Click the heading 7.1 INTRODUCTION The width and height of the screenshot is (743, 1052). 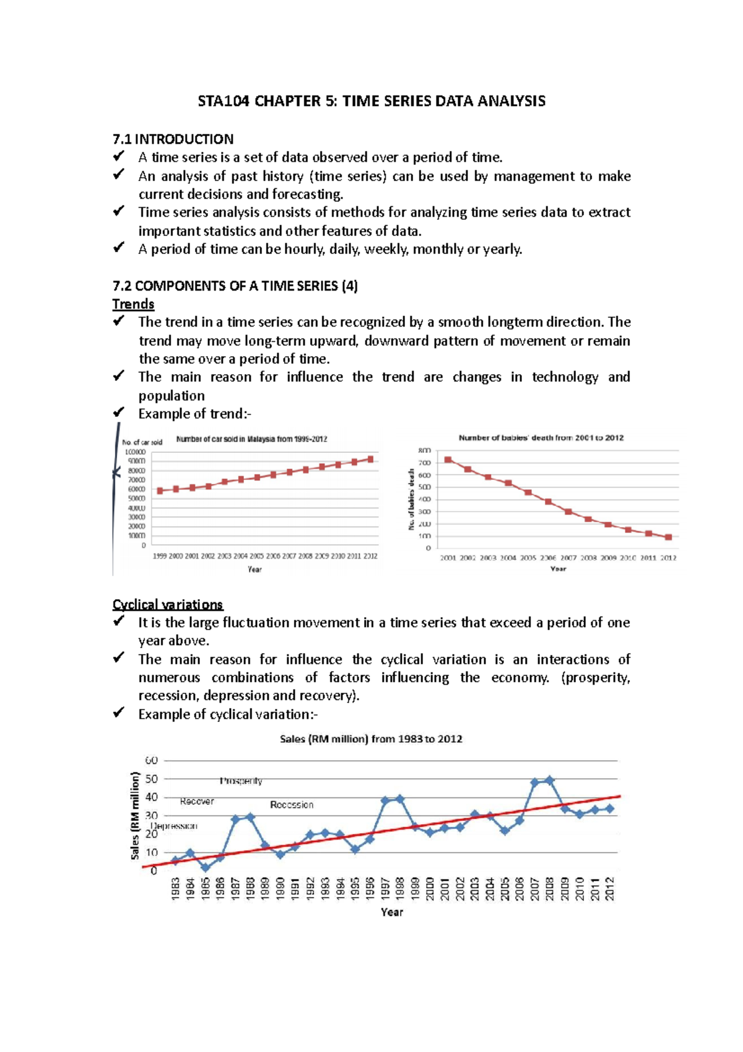pyautogui.click(x=173, y=139)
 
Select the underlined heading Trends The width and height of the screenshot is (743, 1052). pyautogui.click(x=133, y=304)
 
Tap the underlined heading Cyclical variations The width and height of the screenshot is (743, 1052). pyautogui.click(x=167, y=605)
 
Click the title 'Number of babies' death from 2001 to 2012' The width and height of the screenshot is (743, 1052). pyautogui.click(x=541, y=437)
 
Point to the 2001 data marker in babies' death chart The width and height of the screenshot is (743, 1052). pyautogui.click(x=448, y=460)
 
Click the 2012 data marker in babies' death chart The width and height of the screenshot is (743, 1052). pyautogui.click(x=668, y=537)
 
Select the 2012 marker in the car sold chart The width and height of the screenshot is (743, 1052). pyautogui.click(x=370, y=459)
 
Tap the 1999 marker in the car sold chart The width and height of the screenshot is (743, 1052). pyautogui.click(x=160, y=491)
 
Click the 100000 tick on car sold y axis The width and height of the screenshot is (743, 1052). pyautogui.click(x=136, y=452)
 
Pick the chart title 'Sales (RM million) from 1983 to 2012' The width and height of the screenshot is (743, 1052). pyautogui.click(x=371, y=739)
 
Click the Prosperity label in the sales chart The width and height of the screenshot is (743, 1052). pyautogui.click(x=241, y=781)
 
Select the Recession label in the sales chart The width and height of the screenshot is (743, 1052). pyautogui.click(x=292, y=805)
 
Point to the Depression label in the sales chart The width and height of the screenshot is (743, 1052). pyautogui.click(x=174, y=826)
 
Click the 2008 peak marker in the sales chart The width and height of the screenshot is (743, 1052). pyautogui.click(x=550, y=781)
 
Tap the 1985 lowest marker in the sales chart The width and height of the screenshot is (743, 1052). pyautogui.click(x=206, y=868)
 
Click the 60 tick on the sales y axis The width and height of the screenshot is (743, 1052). pyautogui.click(x=151, y=760)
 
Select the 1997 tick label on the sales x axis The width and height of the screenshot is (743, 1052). pyautogui.click(x=385, y=888)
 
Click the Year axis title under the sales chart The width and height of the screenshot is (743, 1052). pyautogui.click(x=391, y=912)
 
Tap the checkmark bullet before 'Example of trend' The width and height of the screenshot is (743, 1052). pyautogui.click(x=119, y=412)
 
